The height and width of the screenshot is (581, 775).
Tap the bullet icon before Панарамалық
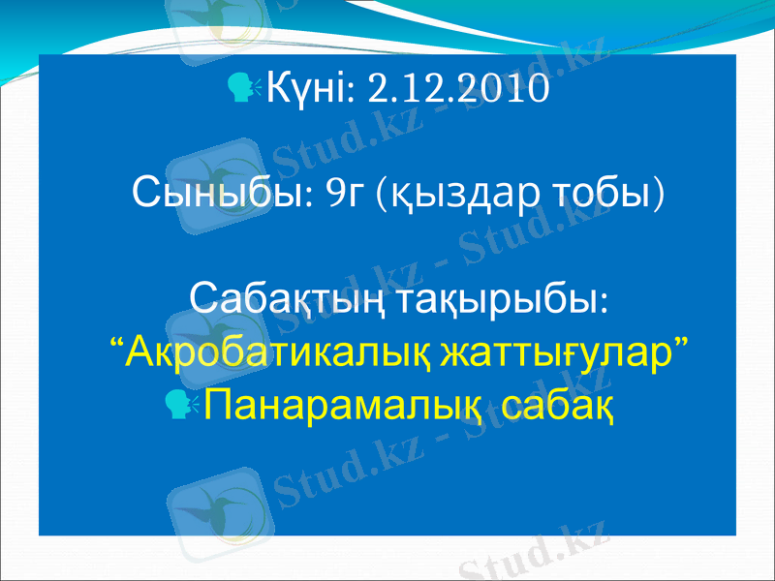point(180,401)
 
